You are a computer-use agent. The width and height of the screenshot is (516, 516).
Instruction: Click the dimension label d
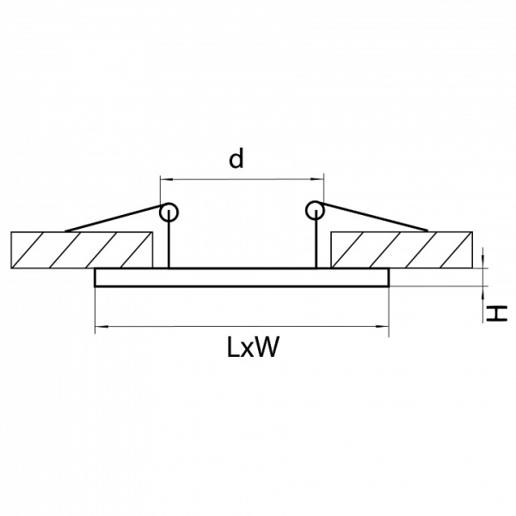coord(236,158)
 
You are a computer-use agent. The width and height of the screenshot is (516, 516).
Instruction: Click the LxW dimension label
coord(253,347)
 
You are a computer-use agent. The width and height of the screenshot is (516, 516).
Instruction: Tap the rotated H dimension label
coord(497,313)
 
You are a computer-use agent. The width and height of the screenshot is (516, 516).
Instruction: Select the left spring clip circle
coord(169,212)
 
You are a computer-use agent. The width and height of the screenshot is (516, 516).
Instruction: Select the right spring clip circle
coord(315,211)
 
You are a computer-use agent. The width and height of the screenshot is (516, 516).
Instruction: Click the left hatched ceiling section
coord(82,249)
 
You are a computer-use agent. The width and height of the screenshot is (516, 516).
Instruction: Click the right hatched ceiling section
coord(402,249)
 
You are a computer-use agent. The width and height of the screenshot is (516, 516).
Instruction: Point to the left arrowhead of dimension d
coord(167,180)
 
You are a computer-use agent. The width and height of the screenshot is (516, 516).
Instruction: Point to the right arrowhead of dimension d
coord(317,180)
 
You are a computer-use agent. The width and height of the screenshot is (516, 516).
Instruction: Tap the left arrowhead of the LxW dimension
coord(101,327)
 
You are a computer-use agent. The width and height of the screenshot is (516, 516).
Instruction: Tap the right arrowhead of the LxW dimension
coord(383,327)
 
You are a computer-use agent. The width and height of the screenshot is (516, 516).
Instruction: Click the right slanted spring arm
coord(375,217)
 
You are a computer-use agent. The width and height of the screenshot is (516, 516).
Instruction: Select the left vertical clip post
coord(169,239)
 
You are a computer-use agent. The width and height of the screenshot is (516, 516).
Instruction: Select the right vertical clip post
coord(316,239)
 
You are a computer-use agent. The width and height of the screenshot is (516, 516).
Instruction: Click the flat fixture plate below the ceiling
coord(242,278)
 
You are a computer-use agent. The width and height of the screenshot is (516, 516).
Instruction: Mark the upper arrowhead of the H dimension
coord(483,262)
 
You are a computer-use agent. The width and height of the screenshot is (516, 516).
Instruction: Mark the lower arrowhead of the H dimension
coord(483,292)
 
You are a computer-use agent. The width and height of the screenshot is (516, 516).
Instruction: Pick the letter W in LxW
coord(267,347)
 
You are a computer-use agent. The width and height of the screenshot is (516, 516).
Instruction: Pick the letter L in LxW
coord(234,347)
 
